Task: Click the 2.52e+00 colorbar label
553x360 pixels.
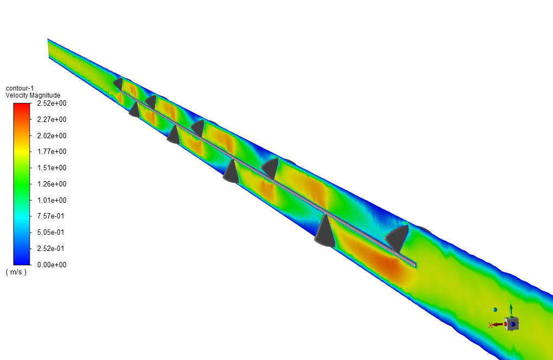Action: (52, 104)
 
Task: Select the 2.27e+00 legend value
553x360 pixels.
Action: (52, 119)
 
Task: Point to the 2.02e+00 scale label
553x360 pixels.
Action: (52, 136)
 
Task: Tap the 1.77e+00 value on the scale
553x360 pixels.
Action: (52, 152)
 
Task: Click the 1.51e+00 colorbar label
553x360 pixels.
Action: (52, 168)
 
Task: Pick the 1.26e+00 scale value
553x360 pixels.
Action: (52, 184)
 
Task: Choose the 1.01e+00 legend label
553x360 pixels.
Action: (52, 200)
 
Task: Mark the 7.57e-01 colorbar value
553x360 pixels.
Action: (51, 216)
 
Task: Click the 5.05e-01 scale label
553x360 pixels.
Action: (51, 233)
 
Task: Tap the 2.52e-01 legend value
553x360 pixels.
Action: (51, 248)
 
